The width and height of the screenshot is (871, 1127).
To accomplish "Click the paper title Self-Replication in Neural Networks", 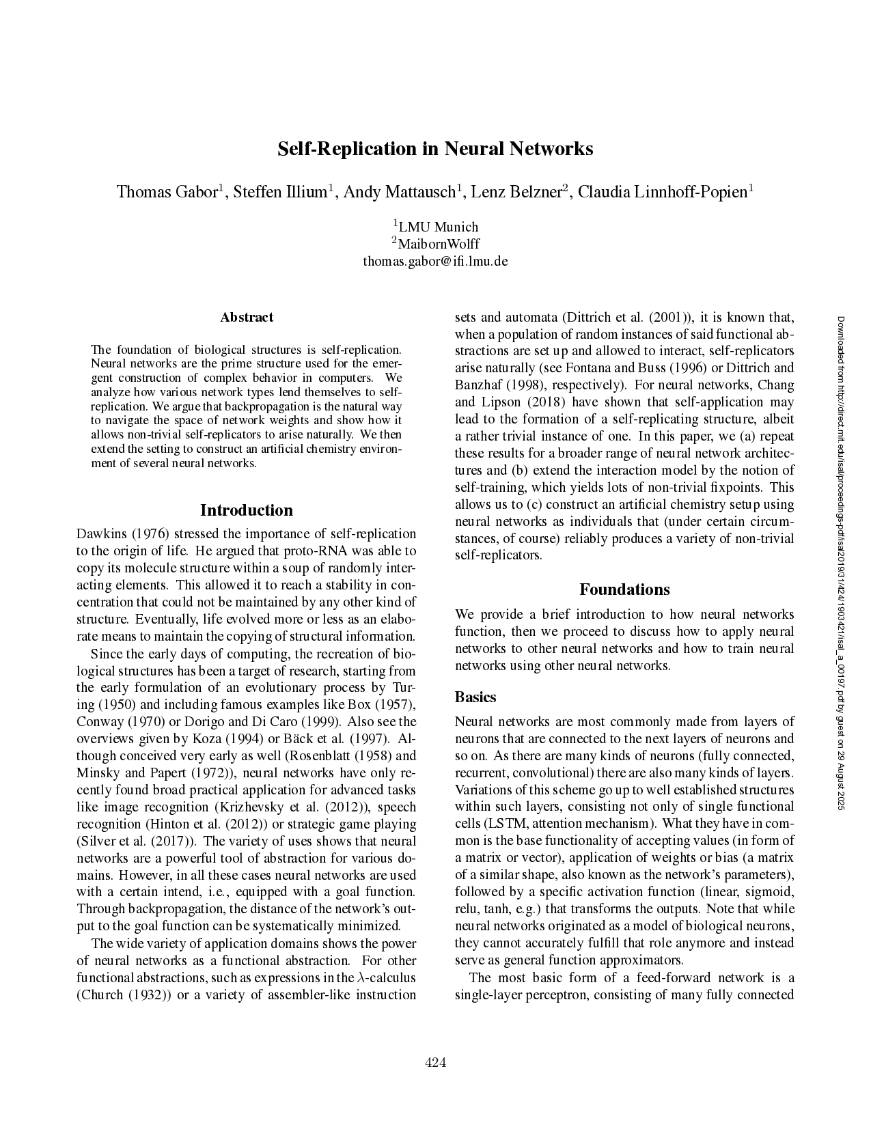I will click(x=435, y=149).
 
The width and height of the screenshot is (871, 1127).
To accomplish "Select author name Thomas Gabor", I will click(x=167, y=192).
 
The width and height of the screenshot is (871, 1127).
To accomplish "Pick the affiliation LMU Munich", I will click(x=438, y=227).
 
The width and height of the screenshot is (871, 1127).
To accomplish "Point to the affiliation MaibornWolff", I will click(x=438, y=244).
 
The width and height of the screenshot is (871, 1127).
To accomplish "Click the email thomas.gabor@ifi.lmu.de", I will click(x=435, y=261).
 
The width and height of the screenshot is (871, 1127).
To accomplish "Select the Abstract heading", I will click(x=247, y=317).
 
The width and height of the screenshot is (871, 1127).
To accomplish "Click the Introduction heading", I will click(x=246, y=510).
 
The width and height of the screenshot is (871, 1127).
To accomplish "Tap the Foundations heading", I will click(x=624, y=589).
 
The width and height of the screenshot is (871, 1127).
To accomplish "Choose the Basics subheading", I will click(x=475, y=697).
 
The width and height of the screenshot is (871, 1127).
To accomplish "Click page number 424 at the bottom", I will click(x=436, y=1061).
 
